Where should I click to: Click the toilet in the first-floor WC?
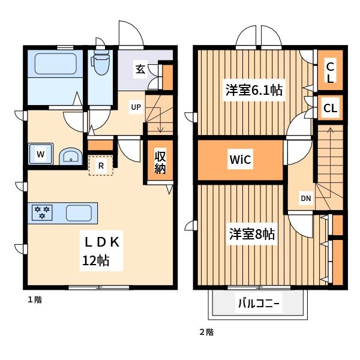(100, 62)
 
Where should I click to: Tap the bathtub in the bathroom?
(55, 64)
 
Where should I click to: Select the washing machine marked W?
(41, 154)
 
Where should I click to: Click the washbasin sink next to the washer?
(71, 157)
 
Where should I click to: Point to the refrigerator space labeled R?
(101, 166)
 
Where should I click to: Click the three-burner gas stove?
(42, 212)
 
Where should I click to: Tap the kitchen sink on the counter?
(79, 213)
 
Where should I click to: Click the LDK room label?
(102, 242)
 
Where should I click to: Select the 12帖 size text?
(96, 260)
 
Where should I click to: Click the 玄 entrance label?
(140, 69)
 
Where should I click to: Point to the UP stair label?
(136, 107)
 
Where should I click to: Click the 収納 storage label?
(160, 163)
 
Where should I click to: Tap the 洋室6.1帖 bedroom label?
(254, 90)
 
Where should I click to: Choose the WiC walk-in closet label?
(240, 159)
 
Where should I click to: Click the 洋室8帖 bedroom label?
(252, 234)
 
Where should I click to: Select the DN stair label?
(306, 199)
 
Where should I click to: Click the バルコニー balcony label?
(259, 304)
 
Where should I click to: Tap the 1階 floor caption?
(35, 300)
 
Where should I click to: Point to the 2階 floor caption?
(206, 332)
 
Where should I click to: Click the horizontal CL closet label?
(330, 108)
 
